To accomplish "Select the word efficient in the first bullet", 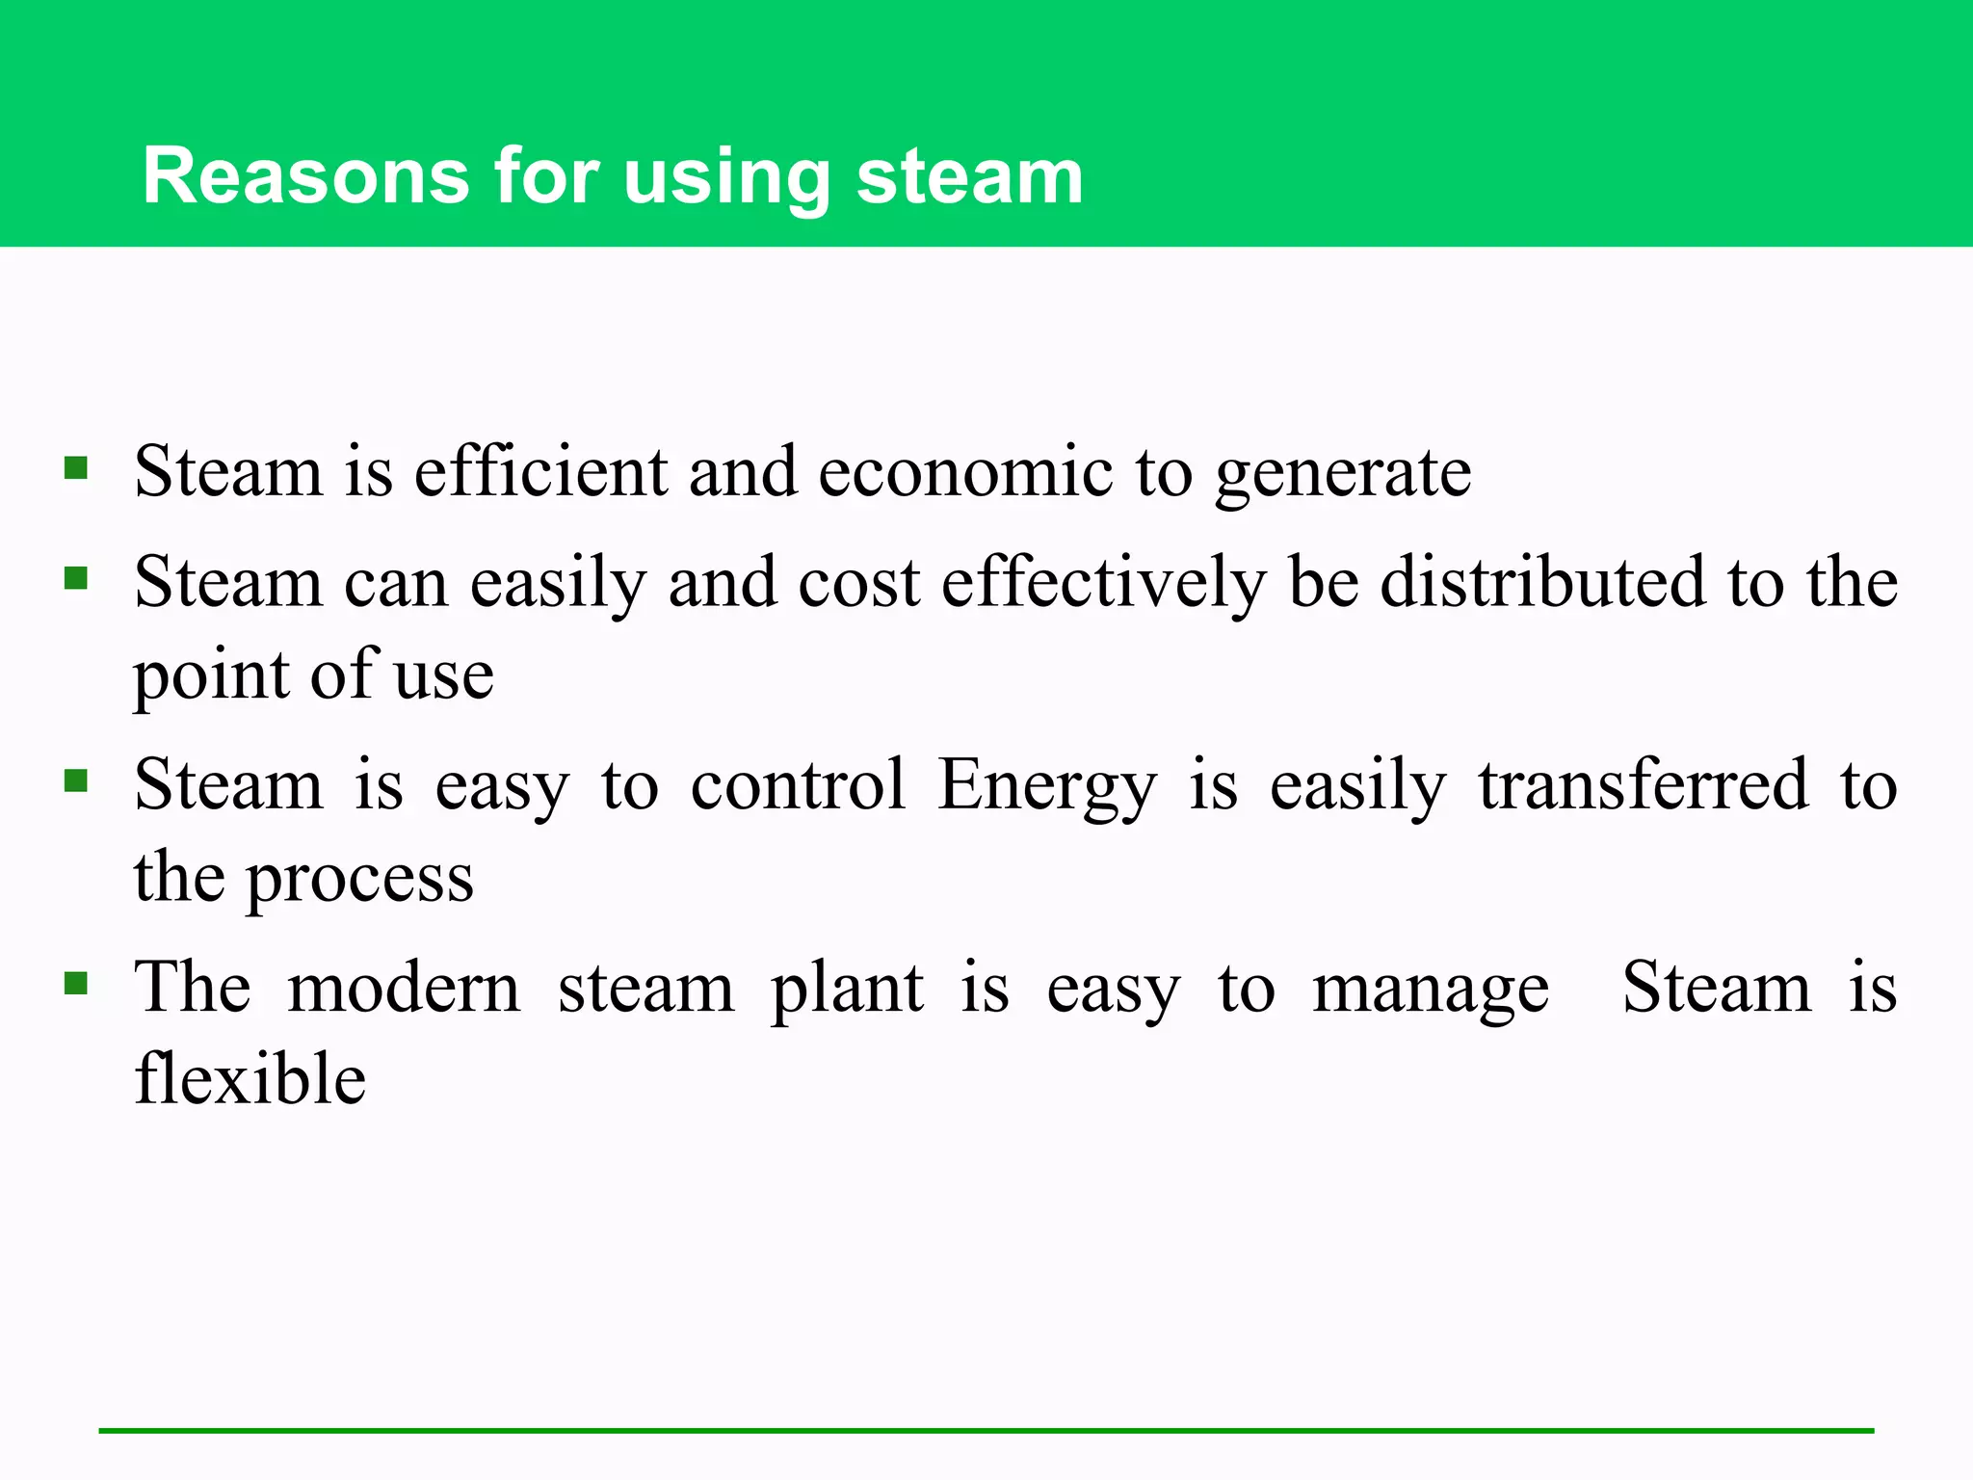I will (540, 472).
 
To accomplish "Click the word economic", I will (965, 472).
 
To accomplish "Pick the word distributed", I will (1543, 582).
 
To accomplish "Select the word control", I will (799, 784).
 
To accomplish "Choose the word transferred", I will (1644, 784).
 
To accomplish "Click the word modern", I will (405, 988).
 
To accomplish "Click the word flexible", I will (250, 1078).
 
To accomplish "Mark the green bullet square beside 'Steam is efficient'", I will (76, 469).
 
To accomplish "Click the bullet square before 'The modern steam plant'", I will (76, 984).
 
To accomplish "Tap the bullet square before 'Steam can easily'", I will (76, 578).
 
